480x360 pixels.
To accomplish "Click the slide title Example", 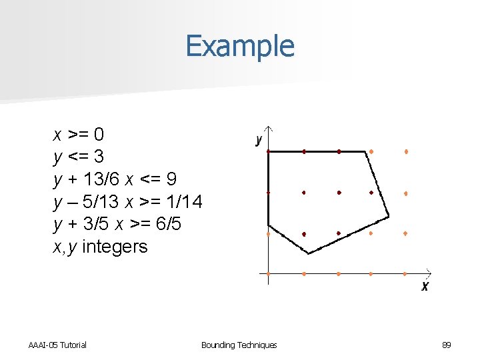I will (239, 46).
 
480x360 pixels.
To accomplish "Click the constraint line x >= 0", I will (79, 135).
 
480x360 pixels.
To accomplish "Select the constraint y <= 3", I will (79, 157).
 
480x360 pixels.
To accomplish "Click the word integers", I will (115, 247).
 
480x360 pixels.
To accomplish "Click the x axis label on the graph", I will (425, 286).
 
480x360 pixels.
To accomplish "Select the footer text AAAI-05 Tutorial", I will (57, 345).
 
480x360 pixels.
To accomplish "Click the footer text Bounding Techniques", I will (239, 345).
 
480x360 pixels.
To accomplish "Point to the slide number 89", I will (447, 345).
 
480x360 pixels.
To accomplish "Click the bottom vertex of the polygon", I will (309, 253).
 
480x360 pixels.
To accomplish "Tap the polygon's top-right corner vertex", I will (366, 151).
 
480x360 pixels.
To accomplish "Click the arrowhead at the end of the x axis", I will (430, 273).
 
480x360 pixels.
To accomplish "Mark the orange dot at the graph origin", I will (268, 273).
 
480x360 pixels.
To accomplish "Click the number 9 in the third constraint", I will (171, 179).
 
